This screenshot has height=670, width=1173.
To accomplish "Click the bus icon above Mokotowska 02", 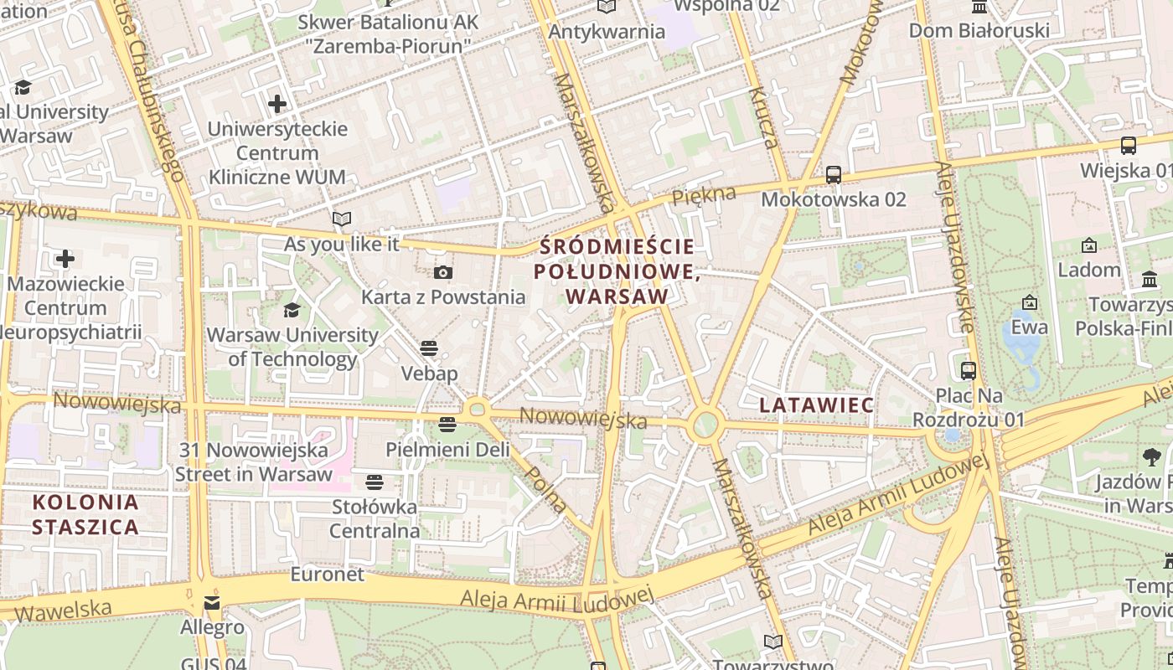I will (833, 175).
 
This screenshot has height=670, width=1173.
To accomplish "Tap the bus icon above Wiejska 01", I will (1129, 146).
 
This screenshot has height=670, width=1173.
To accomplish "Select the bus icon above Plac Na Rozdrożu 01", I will (969, 370).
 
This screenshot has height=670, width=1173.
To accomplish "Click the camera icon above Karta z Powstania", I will (443, 272).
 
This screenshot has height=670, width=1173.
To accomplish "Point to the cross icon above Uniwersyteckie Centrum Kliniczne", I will (277, 104).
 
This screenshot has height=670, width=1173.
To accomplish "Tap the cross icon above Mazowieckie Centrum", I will (65, 259).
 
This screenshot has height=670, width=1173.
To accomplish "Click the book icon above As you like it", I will (341, 219).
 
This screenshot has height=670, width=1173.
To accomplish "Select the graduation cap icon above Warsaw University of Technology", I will (292, 311).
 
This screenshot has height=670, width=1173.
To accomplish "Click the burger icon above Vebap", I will (429, 348).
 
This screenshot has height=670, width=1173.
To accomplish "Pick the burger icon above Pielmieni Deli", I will (447, 425).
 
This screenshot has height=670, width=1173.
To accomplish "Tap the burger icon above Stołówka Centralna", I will (375, 482).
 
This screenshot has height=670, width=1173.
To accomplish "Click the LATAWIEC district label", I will (816, 405).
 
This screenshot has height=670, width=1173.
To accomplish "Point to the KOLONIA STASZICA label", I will (85, 514).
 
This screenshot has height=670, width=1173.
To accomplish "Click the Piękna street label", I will (704, 196).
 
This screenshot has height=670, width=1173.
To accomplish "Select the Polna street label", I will (545, 489).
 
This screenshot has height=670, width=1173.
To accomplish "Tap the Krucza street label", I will (764, 117).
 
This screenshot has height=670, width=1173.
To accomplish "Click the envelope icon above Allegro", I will (212, 603).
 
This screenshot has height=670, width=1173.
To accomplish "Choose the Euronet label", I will (328, 575).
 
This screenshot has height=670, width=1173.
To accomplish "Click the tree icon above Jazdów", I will (1152, 457).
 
